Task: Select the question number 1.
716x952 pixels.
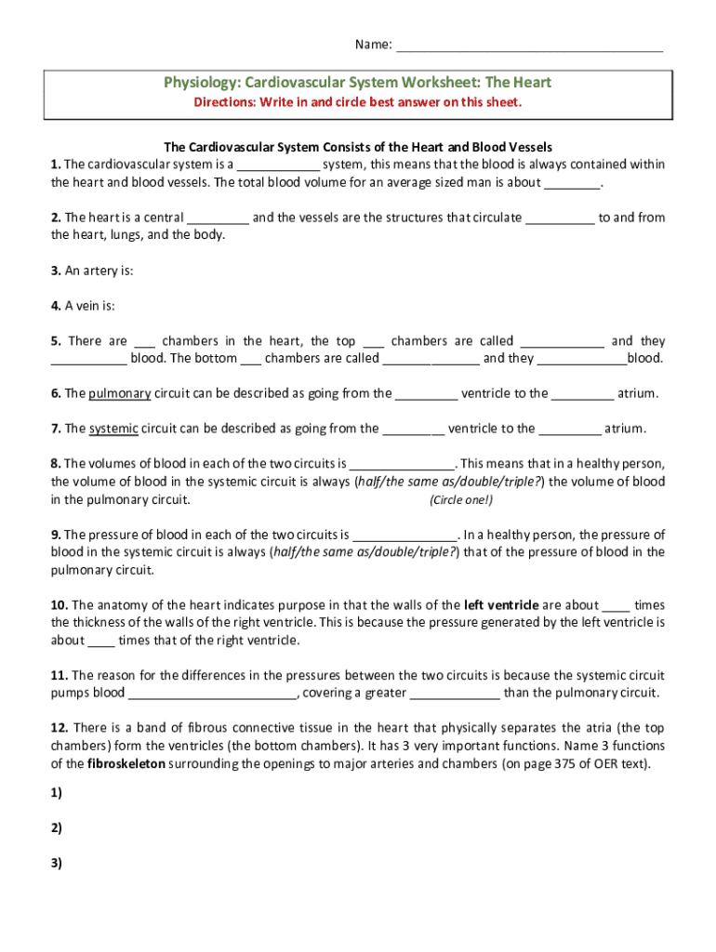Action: [x=56, y=165]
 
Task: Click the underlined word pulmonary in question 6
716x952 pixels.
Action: [x=120, y=393]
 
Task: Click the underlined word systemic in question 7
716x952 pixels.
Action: [x=113, y=429]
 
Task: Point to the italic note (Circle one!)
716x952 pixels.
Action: [x=461, y=499]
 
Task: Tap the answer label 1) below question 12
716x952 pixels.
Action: [x=57, y=793]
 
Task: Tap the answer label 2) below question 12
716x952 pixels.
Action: [x=57, y=828]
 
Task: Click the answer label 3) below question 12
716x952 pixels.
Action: [x=57, y=863]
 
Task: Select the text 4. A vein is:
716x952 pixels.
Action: [x=83, y=306]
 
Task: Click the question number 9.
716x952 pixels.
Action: [x=56, y=535]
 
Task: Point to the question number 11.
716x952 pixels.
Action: [x=60, y=675]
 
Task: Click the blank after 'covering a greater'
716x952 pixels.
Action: [x=455, y=694]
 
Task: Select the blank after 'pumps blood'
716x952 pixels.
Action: [x=212, y=694]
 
